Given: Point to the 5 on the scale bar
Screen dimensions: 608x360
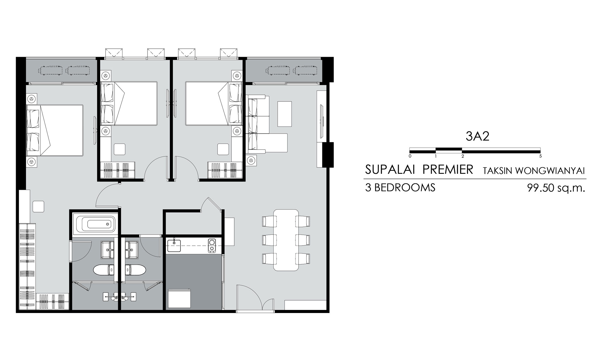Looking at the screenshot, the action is point(540,156).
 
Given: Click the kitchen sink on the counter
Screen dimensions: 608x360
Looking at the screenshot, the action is point(174,246).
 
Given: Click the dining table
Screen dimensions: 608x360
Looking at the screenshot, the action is point(286,240).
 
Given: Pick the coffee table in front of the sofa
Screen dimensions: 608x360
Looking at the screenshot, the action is point(285,114).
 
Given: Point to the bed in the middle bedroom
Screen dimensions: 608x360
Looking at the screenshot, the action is point(129,103).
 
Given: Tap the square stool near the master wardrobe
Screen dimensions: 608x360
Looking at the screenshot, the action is point(38,206).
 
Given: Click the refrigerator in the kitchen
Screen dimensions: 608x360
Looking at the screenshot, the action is point(180,298).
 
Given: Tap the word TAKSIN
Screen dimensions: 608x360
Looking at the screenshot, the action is point(499,171).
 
